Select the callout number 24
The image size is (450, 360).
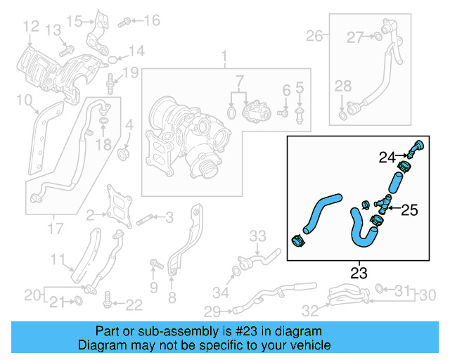click(x=387, y=157)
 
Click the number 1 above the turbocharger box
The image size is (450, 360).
click(x=225, y=56)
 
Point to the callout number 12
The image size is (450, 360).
click(x=31, y=27)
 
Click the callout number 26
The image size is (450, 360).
click(x=314, y=35)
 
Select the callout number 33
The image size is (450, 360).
click(x=258, y=235)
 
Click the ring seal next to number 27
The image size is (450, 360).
click(x=378, y=37)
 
